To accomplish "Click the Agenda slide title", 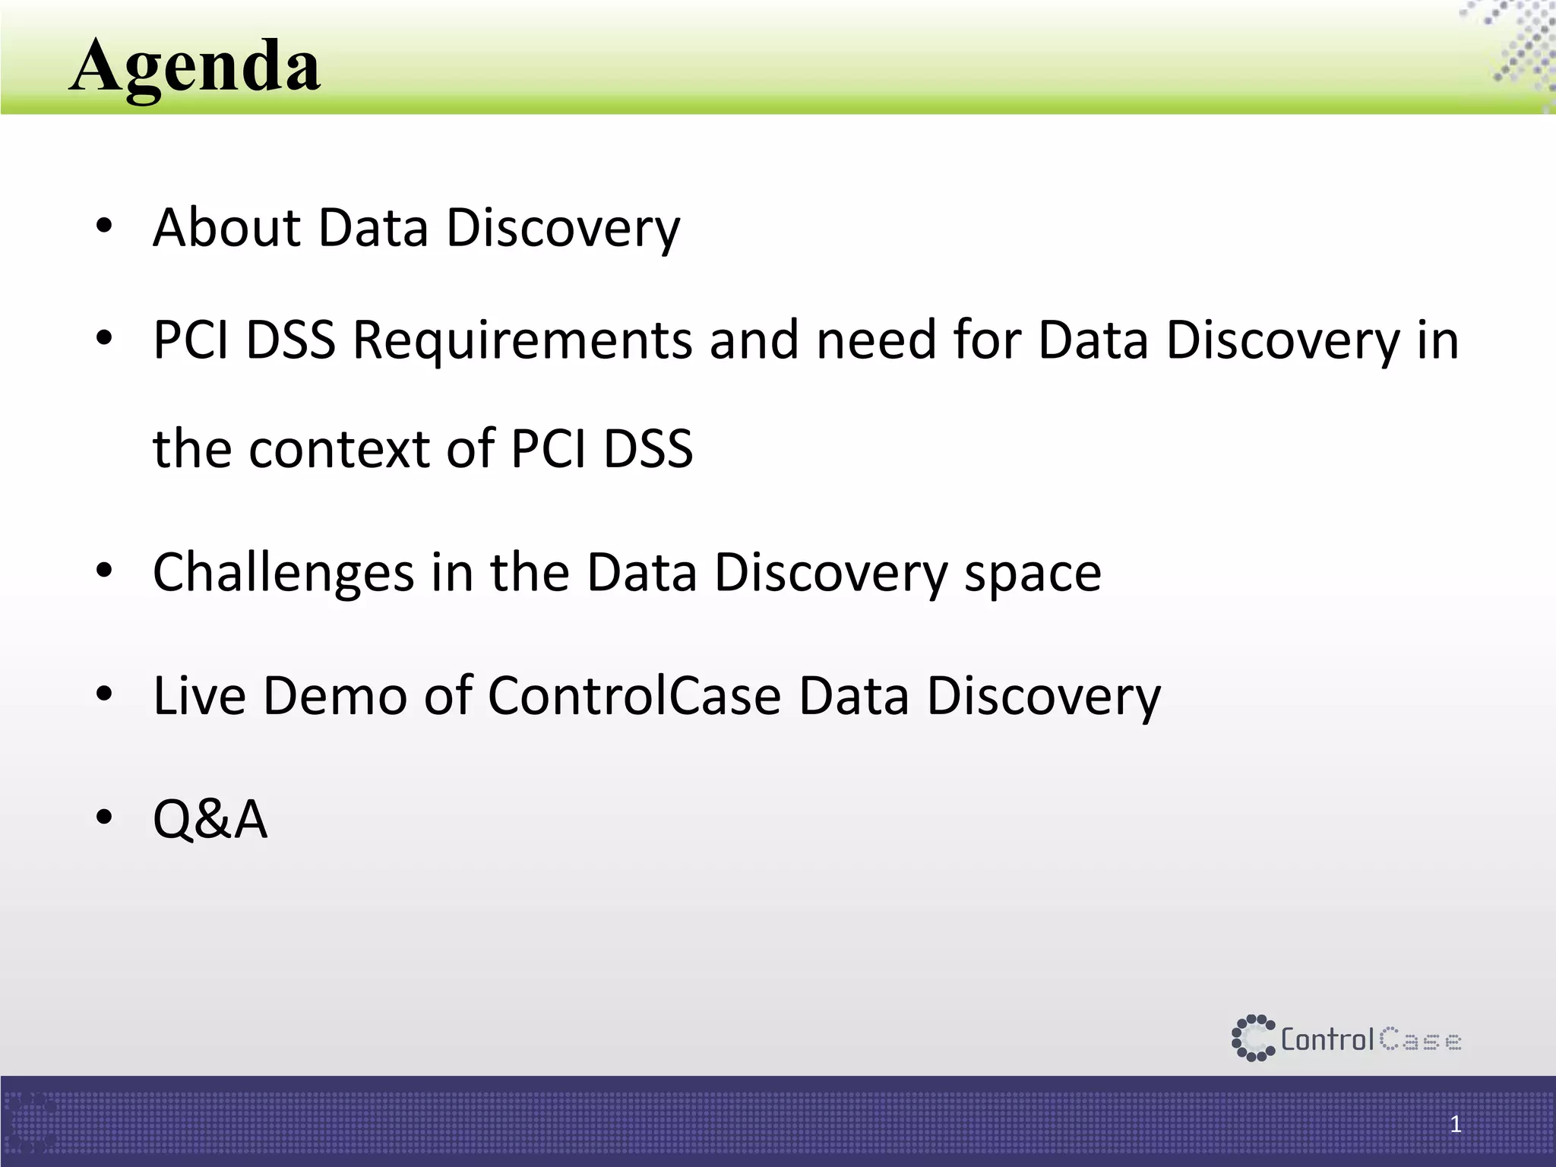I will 194,67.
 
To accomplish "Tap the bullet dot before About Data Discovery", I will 104,226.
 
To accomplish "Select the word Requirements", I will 522,340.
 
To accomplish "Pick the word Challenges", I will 283,572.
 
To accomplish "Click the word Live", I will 199,695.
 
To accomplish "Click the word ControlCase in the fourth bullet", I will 634,695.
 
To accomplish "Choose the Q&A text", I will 210,819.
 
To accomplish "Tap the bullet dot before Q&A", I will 104,818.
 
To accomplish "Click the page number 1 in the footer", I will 1455,1124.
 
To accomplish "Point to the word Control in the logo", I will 1327,1039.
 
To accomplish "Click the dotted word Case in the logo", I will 1420,1039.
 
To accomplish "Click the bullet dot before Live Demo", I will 104,694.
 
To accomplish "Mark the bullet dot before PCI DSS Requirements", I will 104,338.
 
